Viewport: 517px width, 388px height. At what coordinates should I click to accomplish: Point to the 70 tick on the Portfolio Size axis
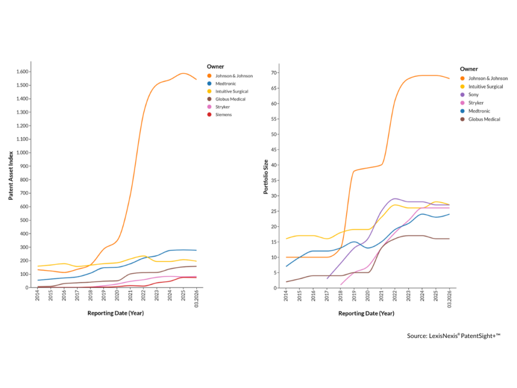[275, 73]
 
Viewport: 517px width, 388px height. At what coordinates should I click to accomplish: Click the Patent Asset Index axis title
[11, 174]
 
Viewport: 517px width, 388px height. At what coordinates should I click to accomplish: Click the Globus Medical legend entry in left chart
[230, 99]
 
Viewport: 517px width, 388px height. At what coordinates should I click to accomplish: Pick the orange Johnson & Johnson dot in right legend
[462, 78]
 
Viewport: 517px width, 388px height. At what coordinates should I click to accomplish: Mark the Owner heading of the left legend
[215, 66]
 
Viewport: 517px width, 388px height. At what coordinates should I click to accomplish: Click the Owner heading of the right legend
[469, 69]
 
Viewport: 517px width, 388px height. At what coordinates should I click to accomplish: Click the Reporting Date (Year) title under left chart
[116, 313]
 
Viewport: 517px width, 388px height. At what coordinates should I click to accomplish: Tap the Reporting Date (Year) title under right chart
[366, 313]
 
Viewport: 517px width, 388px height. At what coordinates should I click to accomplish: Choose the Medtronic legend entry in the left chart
[226, 83]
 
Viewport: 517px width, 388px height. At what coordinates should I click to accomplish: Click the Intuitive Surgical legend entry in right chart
[485, 86]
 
